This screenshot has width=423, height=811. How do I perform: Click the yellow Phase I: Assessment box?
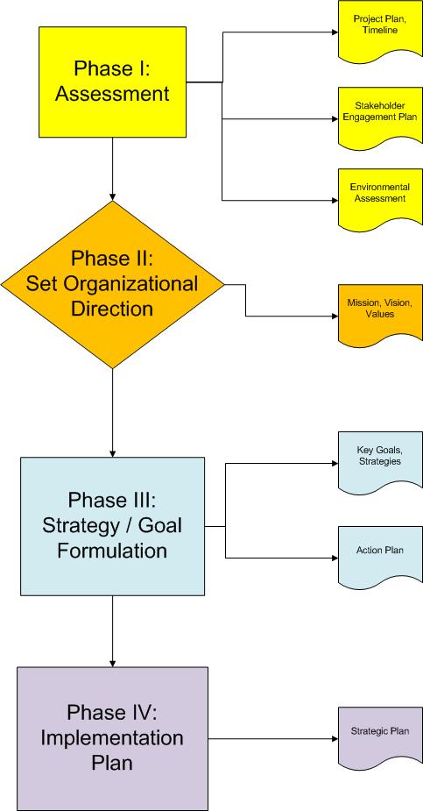pyautogui.click(x=113, y=82)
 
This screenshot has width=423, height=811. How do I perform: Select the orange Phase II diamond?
pyautogui.click(x=113, y=284)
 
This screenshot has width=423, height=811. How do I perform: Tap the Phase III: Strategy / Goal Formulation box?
pyautogui.click(x=113, y=526)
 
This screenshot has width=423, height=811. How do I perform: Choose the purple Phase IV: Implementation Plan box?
pyautogui.click(x=113, y=738)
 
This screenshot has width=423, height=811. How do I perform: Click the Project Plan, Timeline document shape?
pyautogui.click(x=380, y=30)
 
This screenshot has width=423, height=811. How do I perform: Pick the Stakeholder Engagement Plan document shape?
pyautogui.click(x=380, y=117)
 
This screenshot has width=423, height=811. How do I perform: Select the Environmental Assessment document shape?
pyautogui.click(x=380, y=199)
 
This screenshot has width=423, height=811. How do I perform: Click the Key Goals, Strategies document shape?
pyautogui.click(x=380, y=462)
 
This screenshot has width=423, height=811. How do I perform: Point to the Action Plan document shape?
pyautogui.click(x=380, y=557)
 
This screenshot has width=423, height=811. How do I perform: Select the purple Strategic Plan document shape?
pyautogui.click(x=380, y=738)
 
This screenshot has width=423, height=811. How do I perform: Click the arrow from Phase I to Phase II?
pyautogui.click(x=113, y=169)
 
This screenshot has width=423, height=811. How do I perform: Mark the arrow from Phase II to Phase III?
pyautogui.click(x=113, y=413)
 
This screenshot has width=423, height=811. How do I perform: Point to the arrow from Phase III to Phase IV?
pyautogui.click(x=113, y=631)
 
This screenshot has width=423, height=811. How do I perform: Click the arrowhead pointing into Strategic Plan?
pyautogui.click(x=335, y=738)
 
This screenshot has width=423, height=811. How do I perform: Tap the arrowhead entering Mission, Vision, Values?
pyautogui.click(x=335, y=316)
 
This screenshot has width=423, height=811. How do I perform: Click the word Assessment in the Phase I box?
pyautogui.click(x=113, y=94)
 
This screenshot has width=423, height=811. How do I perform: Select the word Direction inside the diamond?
pyautogui.click(x=112, y=309)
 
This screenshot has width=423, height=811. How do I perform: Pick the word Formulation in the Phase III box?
pyautogui.click(x=112, y=550)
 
